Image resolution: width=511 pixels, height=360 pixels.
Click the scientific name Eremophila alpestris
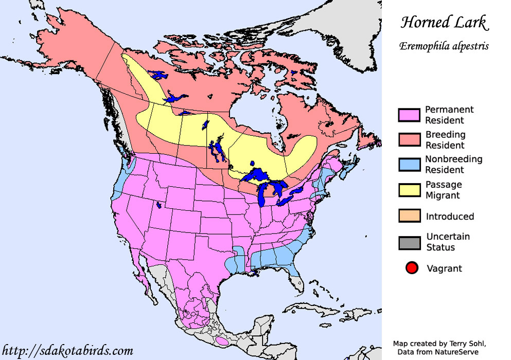point(444,46)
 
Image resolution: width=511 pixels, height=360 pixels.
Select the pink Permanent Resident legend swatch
point(409,115)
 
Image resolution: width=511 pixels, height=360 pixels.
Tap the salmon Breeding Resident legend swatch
point(409,140)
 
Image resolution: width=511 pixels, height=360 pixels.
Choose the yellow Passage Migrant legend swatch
point(409,190)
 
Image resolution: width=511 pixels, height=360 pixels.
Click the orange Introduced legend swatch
point(409,216)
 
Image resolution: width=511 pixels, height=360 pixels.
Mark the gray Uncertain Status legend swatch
point(409,242)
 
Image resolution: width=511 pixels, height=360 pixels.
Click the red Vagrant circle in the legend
point(412,268)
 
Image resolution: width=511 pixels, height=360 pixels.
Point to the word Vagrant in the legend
point(444,268)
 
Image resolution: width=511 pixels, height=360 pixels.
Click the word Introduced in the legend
point(450,217)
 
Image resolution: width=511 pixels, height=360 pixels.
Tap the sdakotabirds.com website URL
point(68,351)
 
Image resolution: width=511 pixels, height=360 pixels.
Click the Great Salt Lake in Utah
point(159,205)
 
